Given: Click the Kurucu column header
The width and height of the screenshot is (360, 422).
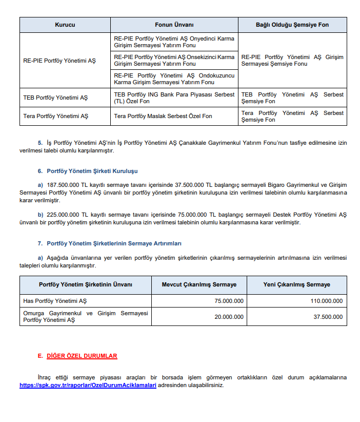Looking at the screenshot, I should [65, 25].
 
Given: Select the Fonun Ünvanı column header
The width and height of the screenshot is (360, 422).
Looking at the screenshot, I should [174, 25].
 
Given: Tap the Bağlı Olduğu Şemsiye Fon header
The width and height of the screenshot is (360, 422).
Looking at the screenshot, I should [292, 25].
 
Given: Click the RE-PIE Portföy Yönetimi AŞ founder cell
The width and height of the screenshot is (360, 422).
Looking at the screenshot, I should [59, 61].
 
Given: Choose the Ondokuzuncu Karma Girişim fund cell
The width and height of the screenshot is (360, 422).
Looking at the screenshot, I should [174, 79].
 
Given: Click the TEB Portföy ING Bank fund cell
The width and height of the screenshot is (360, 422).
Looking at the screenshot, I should [174, 98].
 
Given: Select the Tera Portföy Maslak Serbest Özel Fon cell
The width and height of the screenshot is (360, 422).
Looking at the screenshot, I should [163, 116].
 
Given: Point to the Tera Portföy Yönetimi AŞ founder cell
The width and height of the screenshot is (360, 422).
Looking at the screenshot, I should [56, 116].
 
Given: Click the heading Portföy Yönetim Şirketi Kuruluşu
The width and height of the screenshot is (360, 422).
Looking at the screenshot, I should [92, 171].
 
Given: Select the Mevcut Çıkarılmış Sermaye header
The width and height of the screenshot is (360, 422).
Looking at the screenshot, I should [199, 284].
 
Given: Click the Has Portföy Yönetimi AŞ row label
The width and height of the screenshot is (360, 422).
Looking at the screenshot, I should [55, 301].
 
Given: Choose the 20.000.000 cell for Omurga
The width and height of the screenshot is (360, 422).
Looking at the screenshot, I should [229, 317].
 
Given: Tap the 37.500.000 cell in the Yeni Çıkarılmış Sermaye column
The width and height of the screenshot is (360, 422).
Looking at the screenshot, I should [328, 317].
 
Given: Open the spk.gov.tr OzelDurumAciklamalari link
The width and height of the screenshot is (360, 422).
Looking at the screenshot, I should [88, 385].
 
